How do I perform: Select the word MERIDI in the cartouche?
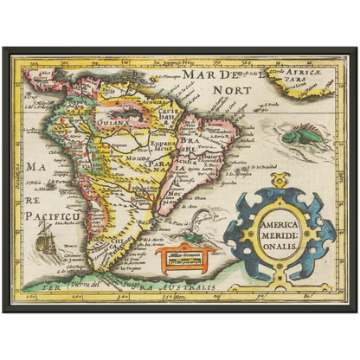pos(279,233)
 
